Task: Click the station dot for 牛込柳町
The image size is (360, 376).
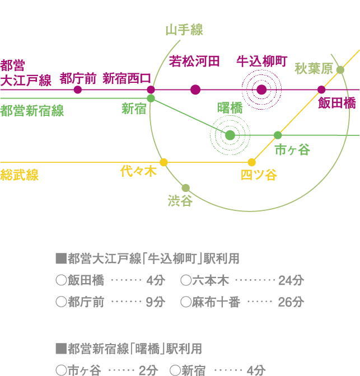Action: (261, 90)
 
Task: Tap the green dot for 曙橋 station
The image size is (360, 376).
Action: (230, 135)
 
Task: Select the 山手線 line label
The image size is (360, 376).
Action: (184, 30)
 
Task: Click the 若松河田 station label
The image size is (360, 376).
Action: (194, 61)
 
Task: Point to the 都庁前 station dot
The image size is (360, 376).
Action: (78, 90)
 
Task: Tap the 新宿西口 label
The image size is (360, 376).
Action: (127, 77)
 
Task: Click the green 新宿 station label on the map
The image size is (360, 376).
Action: (134, 109)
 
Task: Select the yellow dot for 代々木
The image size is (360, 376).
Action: (163, 162)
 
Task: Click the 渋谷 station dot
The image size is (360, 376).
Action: (186, 188)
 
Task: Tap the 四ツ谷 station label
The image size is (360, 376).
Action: (259, 175)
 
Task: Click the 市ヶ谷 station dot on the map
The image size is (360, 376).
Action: (278, 135)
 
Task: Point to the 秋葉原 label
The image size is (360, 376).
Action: (314, 69)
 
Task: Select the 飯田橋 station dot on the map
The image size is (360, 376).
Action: (321, 90)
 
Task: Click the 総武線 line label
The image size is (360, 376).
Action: (20, 175)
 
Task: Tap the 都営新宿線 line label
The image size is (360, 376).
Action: (32, 111)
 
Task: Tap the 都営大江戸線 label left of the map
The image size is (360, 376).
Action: (26, 73)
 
